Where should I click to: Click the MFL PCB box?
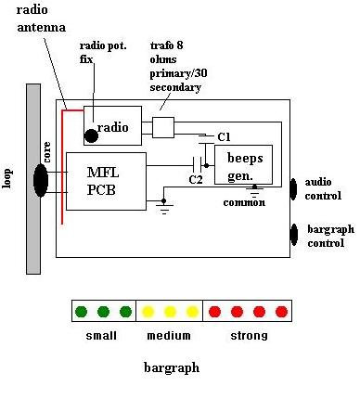pyautogui.click(x=106, y=181)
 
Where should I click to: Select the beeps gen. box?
pyautogui.click(x=244, y=164)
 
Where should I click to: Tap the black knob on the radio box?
pyautogui.click(x=91, y=135)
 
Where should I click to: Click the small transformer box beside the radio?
pyautogui.click(x=163, y=127)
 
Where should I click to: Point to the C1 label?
pyautogui.click(x=224, y=137)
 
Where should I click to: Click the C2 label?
pyautogui.click(x=196, y=179)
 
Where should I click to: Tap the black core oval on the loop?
pyautogui.click(x=41, y=181)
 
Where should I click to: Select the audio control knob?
pyautogui.click(x=293, y=189)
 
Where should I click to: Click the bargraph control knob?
pyautogui.click(x=294, y=235)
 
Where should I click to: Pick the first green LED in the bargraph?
pyautogui.click(x=81, y=312)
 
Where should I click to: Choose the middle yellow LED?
pyautogui.click(x=170, y=312)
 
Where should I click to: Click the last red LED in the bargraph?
pyautogui.click(x=281, y=312)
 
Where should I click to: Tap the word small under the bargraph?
pyautogui.click(x=101, y=336)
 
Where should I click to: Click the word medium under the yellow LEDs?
pyautogui.click(x=169, y=336)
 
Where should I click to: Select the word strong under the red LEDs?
pyautogui.click(x=249, y=336)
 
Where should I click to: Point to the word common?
pyautogui.click(x=244, y=202)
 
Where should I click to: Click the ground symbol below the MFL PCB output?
pyautogui.click(x=164, y=208)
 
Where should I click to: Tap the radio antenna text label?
pyautogui.click(x=41, y=19)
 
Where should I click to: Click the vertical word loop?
pyautogui.click(x=7, y=178)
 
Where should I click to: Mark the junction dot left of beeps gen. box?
pyautogui.click(x=206, y=166)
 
